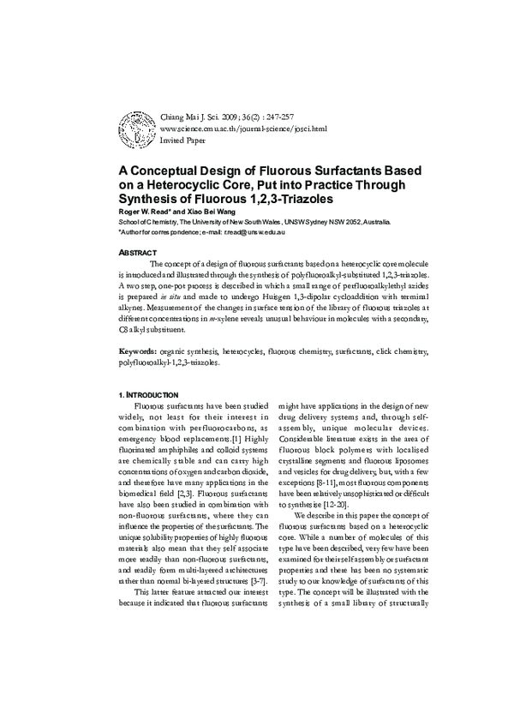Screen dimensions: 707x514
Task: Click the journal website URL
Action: pyautogui.click(x=243, y=128)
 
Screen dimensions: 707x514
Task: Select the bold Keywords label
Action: pyautogui.click(x=137, y=352)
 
